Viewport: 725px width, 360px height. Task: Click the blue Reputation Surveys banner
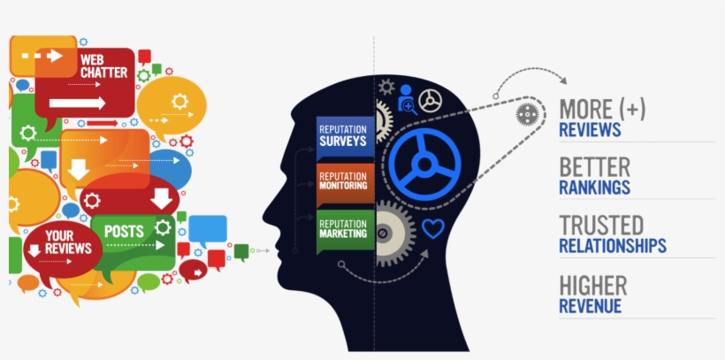click(x=346, y=137)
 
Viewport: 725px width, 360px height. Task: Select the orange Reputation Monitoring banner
click(x=346, y=184)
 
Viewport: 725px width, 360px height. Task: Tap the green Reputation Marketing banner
click(x=346, y=231)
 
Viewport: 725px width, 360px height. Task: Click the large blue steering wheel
click(x=424, y=164)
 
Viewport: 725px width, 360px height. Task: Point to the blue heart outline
click(x=432, y=228)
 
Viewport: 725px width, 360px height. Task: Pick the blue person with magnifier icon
click(x=407, y=99)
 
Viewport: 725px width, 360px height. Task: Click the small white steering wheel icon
click(x=430, y=101)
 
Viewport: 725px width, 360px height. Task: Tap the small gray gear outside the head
click(x=528, y=114)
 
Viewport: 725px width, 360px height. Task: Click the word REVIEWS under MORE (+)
click(x=590, y=130)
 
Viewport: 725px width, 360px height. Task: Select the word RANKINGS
click(x=595, y=188)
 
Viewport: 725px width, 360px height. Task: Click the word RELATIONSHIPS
click(x=613, y=246)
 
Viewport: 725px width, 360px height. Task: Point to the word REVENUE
click(x=591, y=306)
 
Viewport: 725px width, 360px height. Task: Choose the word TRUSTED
click(x=601, y=225)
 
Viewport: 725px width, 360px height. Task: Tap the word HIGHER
click(x=593, y=286)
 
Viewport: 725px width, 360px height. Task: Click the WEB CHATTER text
click(x=104, y=66)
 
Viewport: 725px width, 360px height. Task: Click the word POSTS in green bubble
click(x=124, y=231)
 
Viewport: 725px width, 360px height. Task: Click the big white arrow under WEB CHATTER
click(x=77, y=103)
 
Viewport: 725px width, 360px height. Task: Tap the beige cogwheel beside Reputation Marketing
click(x=392, y=234)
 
